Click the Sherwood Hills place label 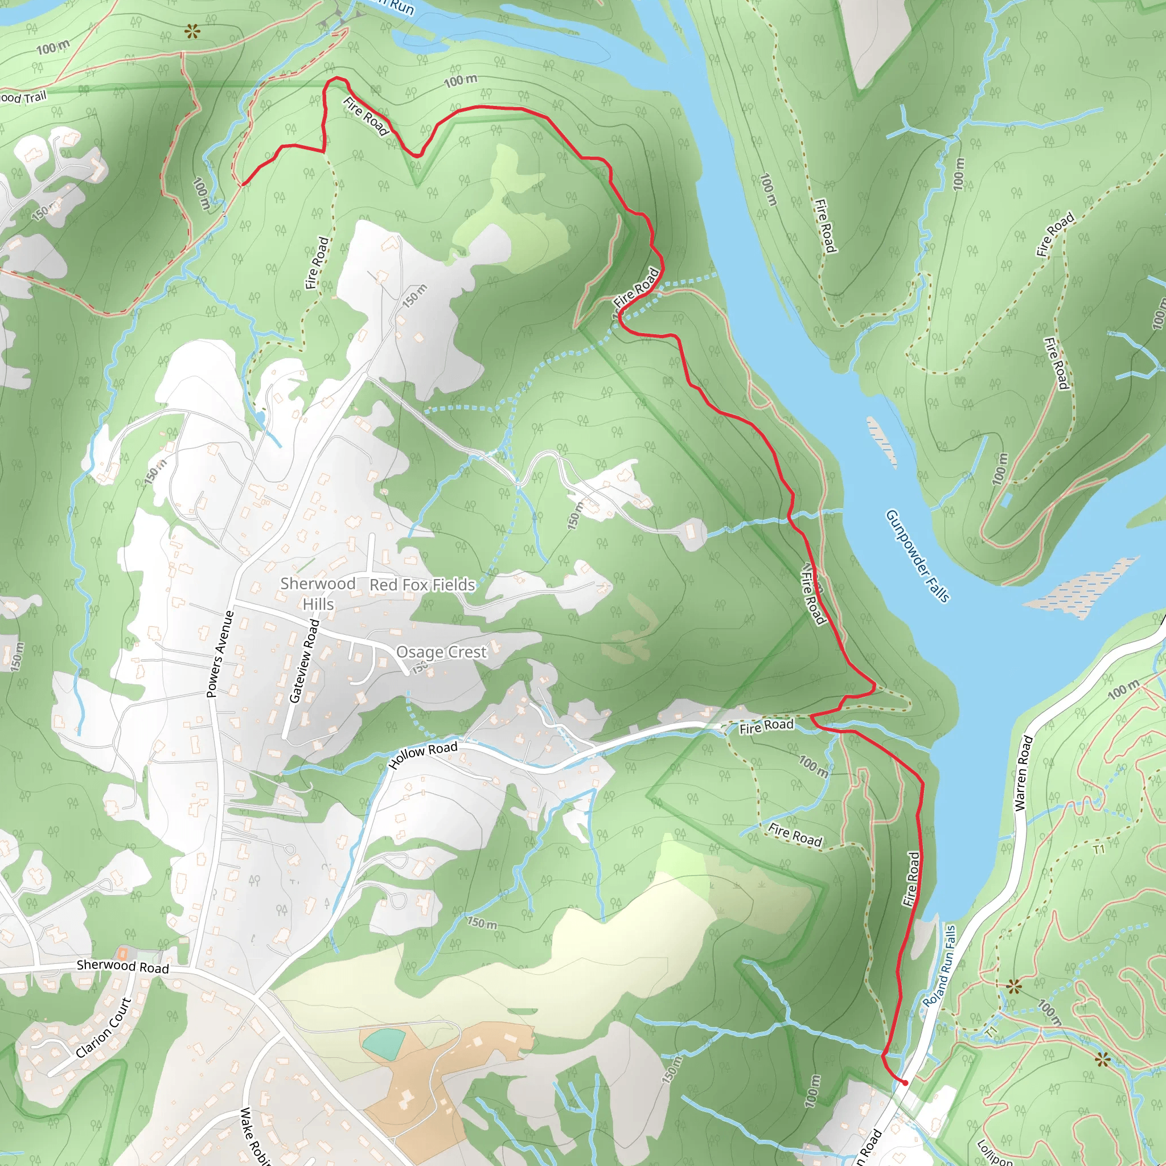coord(318,593)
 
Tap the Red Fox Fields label coord(422,585)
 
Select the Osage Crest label coord(441,652)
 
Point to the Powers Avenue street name coord(220,654)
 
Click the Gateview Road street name coord(303,660)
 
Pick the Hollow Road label coord(423,755)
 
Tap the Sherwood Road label coord(122,966)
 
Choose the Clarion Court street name coord(104,1027)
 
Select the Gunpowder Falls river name coord(917,556)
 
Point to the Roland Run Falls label coord(939,966)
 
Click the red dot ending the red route coord(905,1083)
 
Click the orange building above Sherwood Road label coord(122,954)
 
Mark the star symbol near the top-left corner coord(192,30)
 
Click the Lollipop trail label coord(995,1151)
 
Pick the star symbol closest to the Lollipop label coord(1103,1059)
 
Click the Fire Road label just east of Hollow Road coord(766,726)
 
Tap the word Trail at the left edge coord(34,97)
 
